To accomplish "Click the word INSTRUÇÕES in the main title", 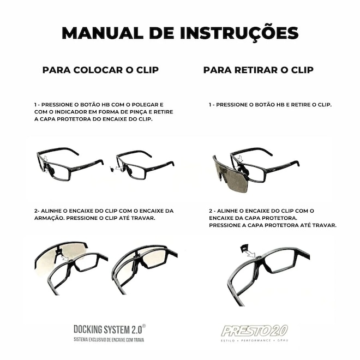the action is (x=239, y=33).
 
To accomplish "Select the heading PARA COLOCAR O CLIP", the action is (x=100, y=70).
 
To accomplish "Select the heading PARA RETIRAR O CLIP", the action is (x=259, y=70).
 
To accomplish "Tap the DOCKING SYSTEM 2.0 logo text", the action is (x=107, y=329).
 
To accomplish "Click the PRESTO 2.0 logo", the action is (x=254, y=331).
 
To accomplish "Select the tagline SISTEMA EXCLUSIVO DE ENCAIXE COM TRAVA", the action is (x=109, y=340).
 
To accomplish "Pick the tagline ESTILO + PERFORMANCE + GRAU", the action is (x=254, y=340).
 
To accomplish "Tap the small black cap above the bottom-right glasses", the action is (x=244, y=248).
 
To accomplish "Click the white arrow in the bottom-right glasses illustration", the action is (x=250, y=254).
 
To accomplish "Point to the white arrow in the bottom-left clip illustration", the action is (x=65, y=258).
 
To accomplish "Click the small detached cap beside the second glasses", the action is (x=112, y=169).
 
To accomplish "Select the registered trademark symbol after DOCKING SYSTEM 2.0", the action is (x=144, y=326).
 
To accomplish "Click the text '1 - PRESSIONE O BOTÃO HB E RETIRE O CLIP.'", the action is (x=270, y=105).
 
